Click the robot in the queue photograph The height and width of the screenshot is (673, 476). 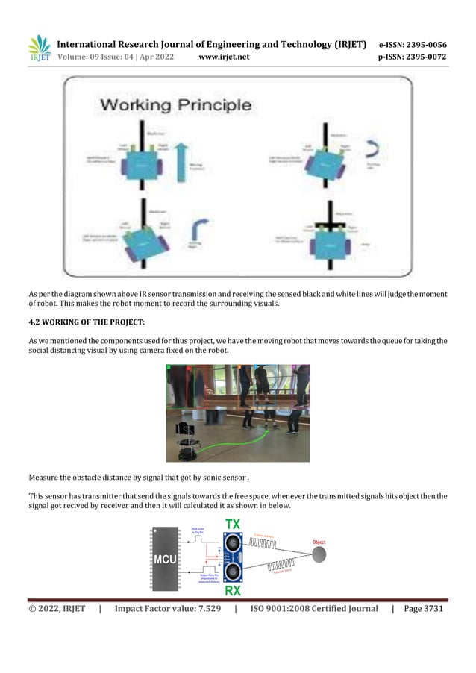click(184, 442)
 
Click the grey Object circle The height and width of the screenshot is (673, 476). click(319, 554)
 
